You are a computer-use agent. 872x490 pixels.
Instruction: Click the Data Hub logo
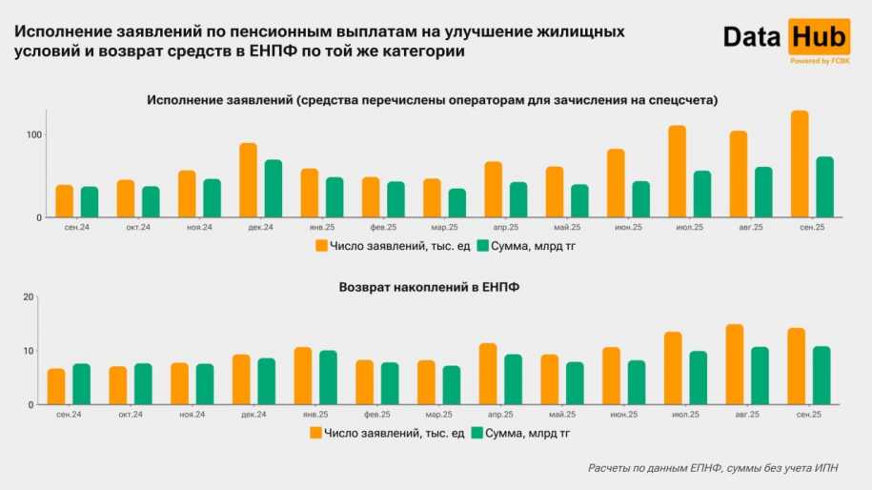coord(785,38)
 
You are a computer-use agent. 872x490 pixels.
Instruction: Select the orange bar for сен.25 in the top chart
coord(800,164)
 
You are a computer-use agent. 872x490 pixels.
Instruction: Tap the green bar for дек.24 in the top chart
coord(274,189)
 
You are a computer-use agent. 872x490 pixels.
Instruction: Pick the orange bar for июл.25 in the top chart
coord(678,172)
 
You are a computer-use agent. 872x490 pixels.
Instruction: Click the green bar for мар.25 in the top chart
coord(457,203)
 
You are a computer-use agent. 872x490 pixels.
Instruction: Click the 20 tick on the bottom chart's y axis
coord(28,297)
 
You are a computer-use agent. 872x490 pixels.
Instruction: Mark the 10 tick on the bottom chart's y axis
coord(28,351)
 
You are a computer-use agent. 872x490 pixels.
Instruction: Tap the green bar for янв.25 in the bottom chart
coord(328,378)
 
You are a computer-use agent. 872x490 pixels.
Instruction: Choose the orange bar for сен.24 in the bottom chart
coord(56,386)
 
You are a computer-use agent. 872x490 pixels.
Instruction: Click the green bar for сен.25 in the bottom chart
coord(821,376)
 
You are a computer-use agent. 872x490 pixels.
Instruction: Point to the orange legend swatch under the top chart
coord(321,246)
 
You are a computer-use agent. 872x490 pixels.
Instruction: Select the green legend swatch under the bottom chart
coord(476,433)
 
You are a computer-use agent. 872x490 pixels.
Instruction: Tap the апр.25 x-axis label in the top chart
coord(506,228)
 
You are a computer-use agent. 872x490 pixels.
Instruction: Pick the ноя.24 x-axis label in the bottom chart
coord(192,415)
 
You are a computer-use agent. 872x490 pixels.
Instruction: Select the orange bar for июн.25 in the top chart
coord(616,183)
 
